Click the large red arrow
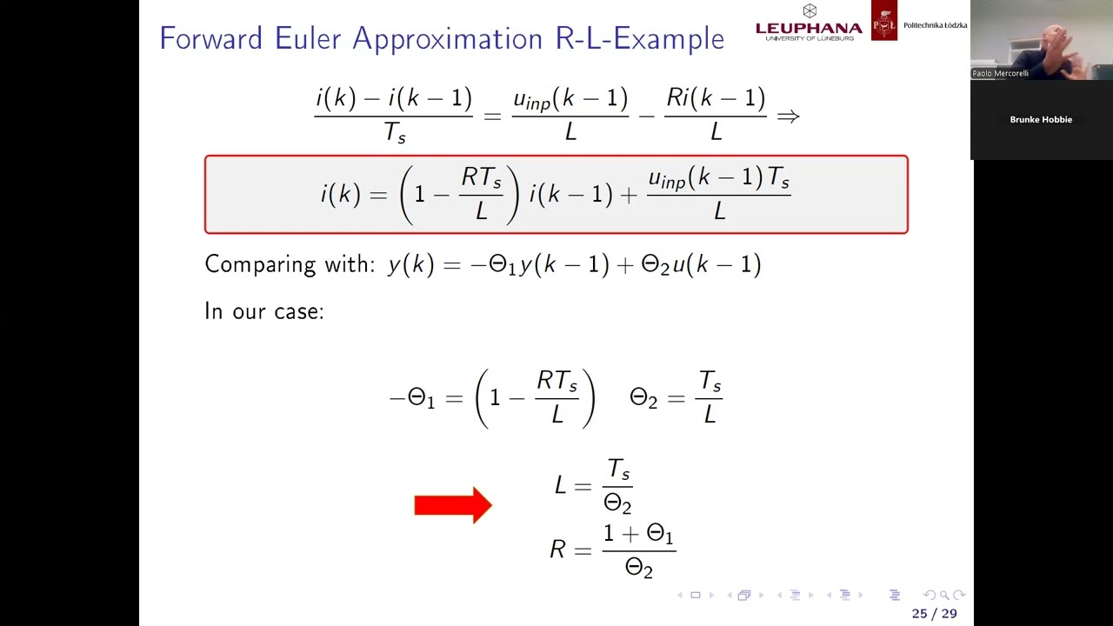click(x=453, y=505)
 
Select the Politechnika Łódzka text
click(x=935, y=25)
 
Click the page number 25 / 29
click(x=934, y=614)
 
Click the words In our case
click(x=263, y=311)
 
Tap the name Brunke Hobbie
click(x=1041, y=120)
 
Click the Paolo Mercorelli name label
click(x=1000, y=74)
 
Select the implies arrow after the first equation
click(x=788, y=116)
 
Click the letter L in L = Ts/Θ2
click(x=561, y=485)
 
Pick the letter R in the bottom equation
click(x=557, y=549)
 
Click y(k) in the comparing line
click(x=410, y=264)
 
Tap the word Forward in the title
click(x=211, y=38)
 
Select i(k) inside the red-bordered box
click(x=340, y=194)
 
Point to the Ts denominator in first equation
click(x=394, y=133)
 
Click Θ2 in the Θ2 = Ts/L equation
click(x=643, y=398)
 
